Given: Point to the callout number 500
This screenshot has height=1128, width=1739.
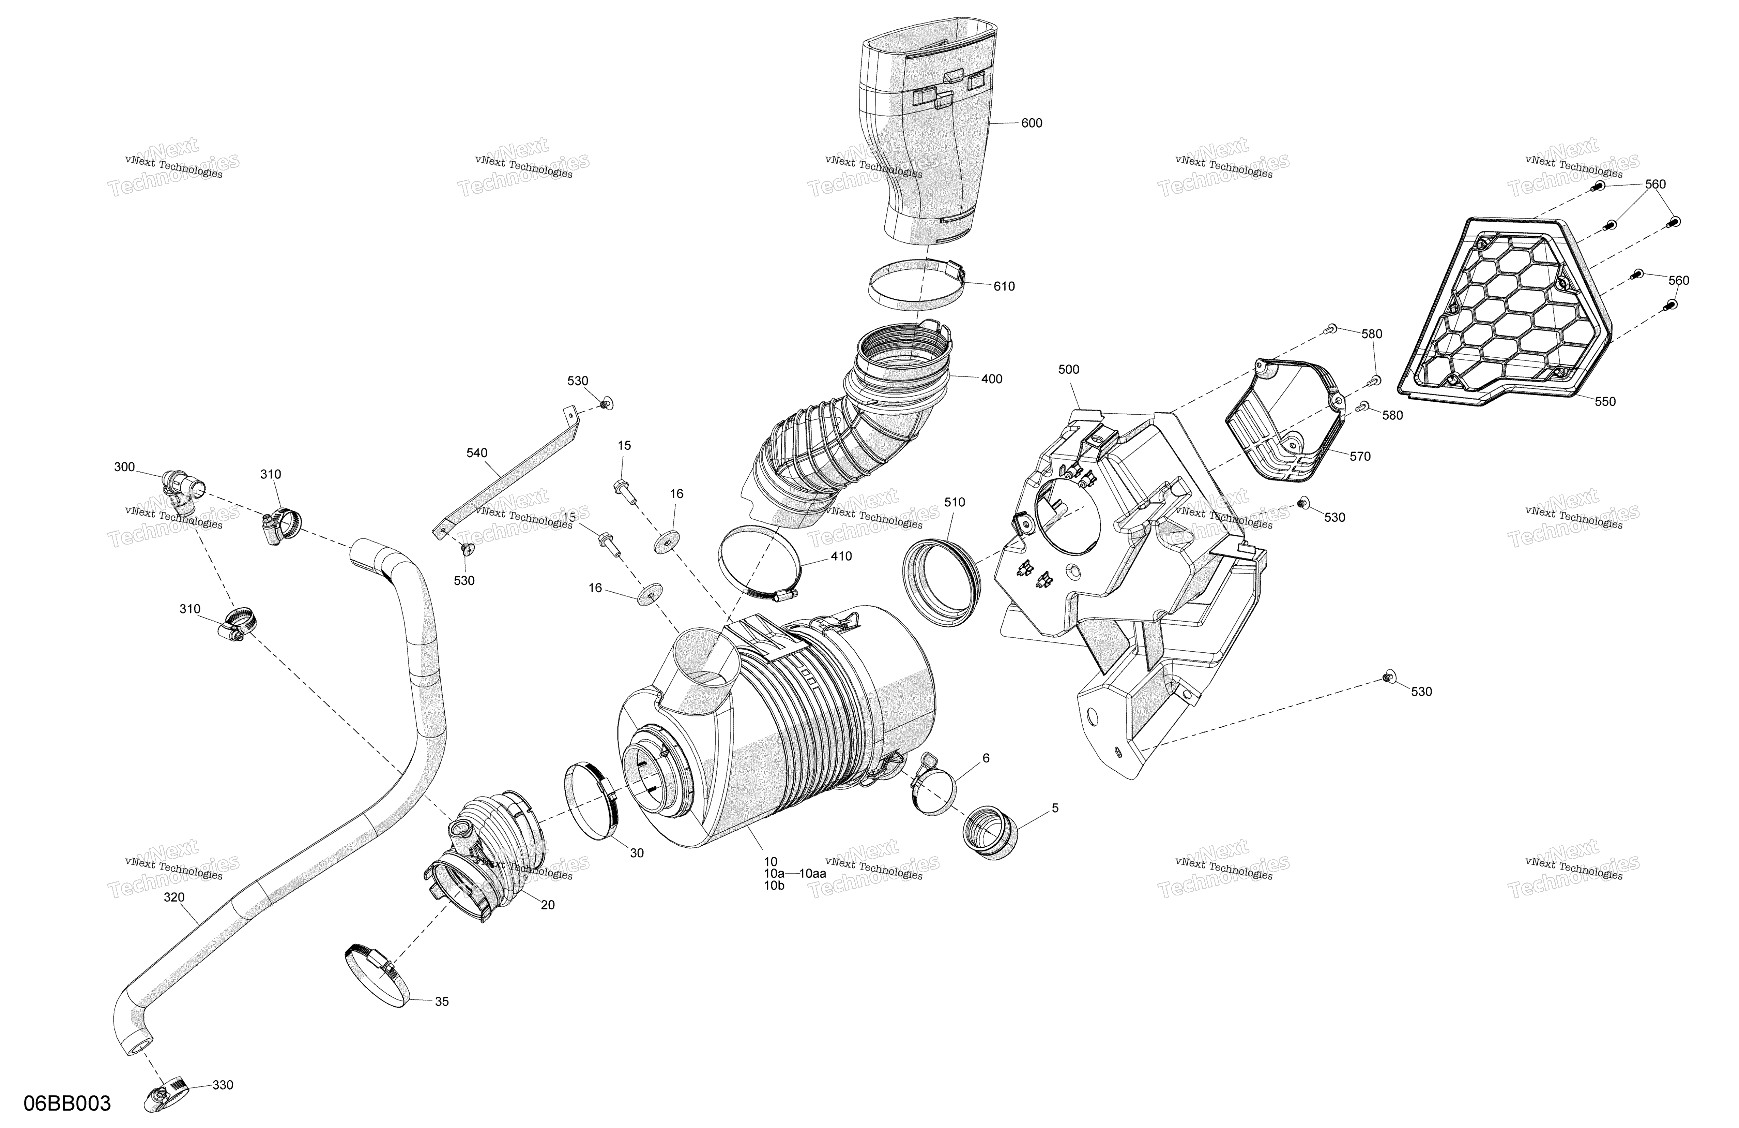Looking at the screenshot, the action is pos(1068,370).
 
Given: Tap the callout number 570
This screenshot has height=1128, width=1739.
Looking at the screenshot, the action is pos(1360,456).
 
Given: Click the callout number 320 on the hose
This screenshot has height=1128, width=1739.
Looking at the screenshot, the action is pos(174,897).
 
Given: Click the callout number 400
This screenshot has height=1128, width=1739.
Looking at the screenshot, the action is pos(992,379).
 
